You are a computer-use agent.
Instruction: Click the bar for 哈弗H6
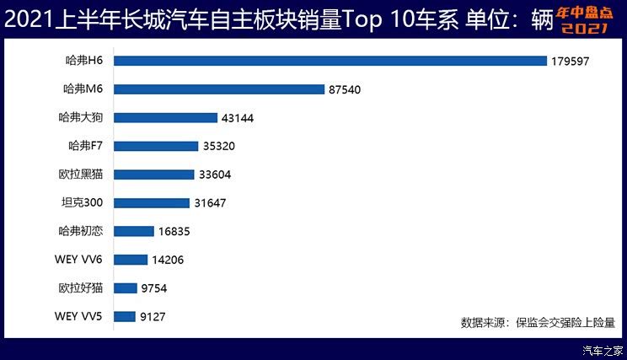(x=330, y=61)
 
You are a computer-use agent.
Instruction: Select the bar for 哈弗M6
(x=219, y=89)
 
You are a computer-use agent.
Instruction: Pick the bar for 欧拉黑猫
(x=154, y=175)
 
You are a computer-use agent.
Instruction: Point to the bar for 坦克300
(x=152, y=203)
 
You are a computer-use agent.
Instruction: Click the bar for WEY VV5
(x=125, y=317)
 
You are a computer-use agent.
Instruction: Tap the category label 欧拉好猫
(x=81, y=288)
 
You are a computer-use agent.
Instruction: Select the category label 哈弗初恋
(x=81, y=231)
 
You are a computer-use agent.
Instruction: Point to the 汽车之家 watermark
(x=603, y=350)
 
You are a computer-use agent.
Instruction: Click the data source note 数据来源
(x=538, y=321)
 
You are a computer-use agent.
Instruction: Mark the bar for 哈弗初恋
(x=134, y=231)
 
